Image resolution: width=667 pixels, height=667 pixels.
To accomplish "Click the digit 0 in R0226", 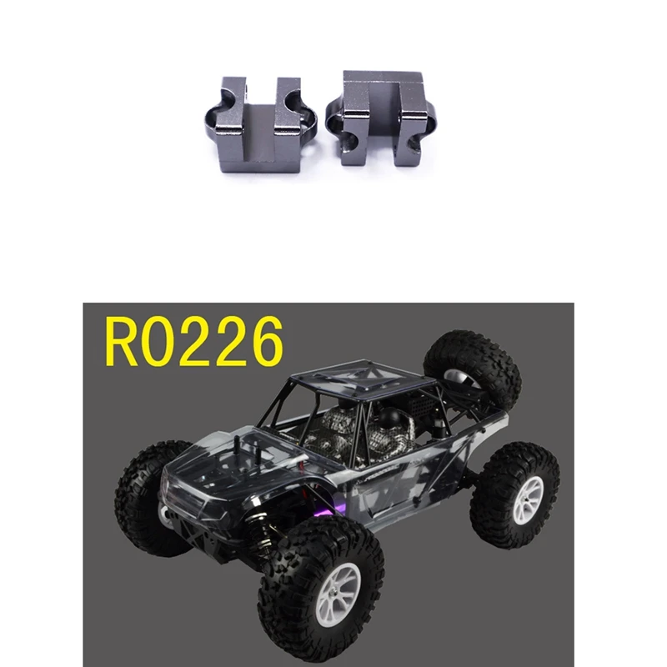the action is pyautogui.click(x=163, y=342).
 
